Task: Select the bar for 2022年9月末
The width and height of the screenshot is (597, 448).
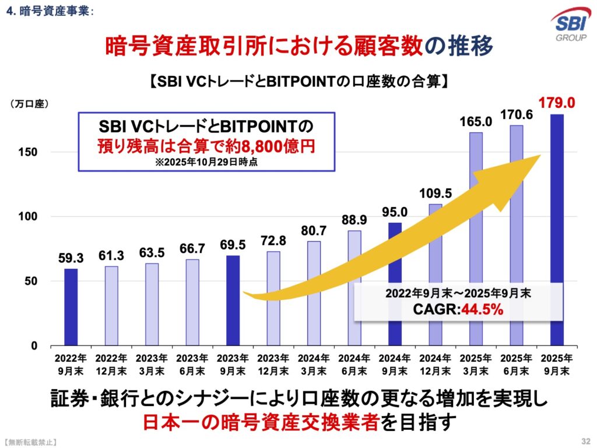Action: coord(71,307)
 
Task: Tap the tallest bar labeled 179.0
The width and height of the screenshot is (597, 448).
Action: coord(557,230)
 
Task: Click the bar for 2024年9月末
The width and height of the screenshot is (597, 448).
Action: coord(395,284)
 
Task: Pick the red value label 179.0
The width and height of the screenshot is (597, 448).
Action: coord(557,103)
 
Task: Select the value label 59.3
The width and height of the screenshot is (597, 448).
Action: coord(71,257)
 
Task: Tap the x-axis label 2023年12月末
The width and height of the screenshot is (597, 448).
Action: coord(273,363)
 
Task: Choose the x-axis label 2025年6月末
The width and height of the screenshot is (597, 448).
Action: coord(517,363)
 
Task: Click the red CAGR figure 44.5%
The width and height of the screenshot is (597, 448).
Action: coord(482,310)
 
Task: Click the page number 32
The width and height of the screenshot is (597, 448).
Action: coord(585,439)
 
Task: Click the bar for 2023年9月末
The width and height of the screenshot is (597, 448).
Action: coord(233,300)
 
